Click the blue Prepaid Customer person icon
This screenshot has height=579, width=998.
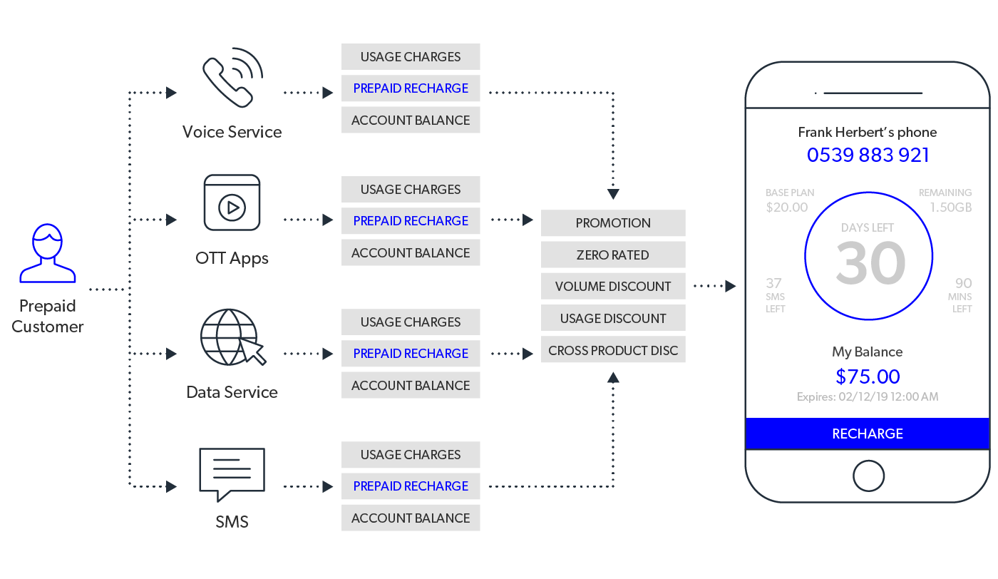tap(48, 254)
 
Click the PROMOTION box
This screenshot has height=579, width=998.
tap(613, 223)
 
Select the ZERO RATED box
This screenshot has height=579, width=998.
tap(613, 255)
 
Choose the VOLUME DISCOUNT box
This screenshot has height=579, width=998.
tap(613, 286)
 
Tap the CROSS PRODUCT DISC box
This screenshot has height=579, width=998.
tap(613, 349)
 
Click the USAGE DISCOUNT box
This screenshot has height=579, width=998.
tap(613, 318)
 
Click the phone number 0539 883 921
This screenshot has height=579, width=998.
tap(868, 155)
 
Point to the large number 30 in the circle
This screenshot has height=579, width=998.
tap(870, 264)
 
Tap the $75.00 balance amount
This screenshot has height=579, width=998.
tap(868, 376)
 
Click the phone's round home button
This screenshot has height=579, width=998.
tap(868, 475)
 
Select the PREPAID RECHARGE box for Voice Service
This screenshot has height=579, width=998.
tap(411, 88)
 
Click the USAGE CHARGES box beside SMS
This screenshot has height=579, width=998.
tap(411, 454)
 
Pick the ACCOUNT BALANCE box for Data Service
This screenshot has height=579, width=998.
tap(411, 385)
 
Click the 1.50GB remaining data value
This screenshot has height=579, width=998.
tap(950, 207)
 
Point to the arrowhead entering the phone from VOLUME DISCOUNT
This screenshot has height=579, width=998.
tap(731, 286)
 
